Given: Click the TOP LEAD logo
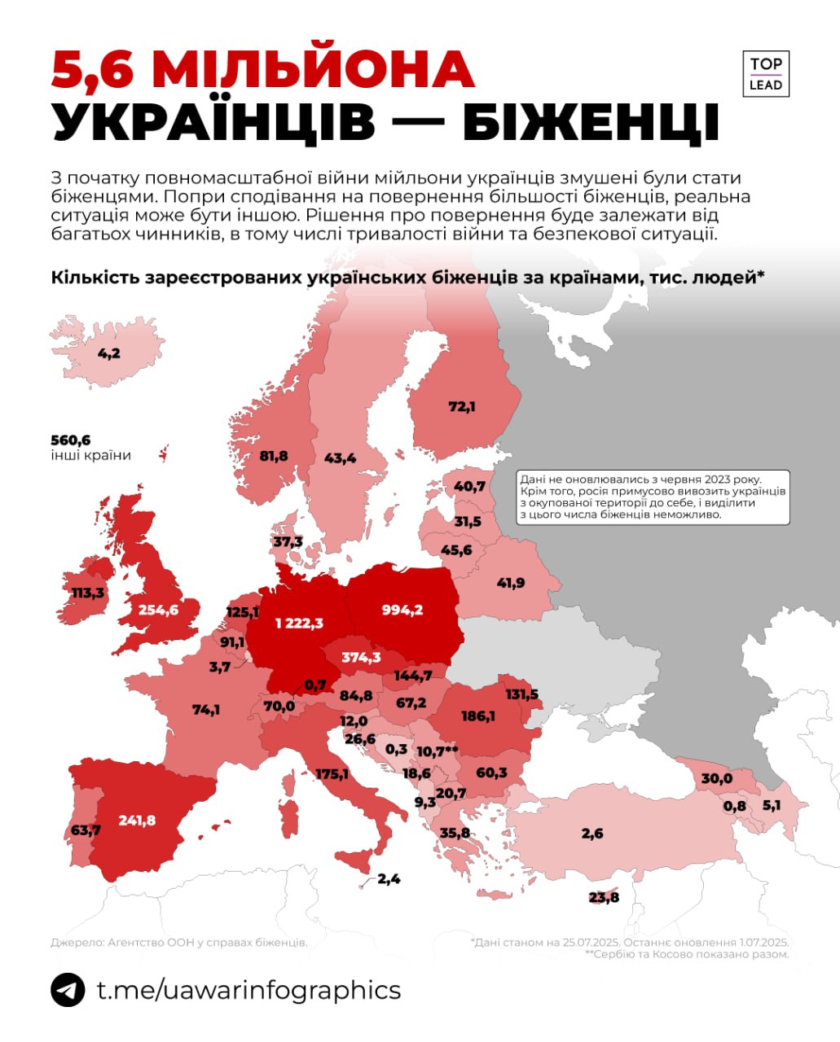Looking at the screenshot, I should [765, 74].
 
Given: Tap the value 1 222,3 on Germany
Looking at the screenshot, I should [299, 623].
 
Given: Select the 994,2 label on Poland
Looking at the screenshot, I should [402, 610].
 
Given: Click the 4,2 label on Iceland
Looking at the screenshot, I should [108, 352].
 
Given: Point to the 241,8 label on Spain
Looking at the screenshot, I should [136, 820].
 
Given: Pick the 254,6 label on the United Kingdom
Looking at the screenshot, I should [158, 609].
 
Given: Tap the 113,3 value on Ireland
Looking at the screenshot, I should [88, 593].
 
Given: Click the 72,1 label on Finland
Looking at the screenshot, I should [461, 406].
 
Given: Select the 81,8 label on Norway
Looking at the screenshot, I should [273, 456].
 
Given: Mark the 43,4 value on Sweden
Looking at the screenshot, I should [340, 458].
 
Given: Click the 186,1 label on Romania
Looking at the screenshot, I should [477, 716].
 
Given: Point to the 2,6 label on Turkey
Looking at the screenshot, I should [592, 833].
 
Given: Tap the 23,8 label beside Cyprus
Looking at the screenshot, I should [604, 897].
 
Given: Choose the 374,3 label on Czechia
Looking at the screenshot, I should [361, 657].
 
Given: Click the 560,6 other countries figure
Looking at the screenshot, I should [70, 440].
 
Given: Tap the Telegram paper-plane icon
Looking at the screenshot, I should [68, 990].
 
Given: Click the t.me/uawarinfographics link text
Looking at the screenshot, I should [248, 990].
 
